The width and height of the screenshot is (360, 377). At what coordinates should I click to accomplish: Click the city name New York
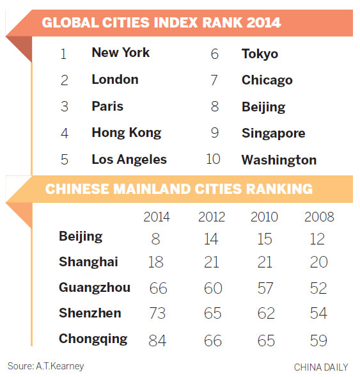120,52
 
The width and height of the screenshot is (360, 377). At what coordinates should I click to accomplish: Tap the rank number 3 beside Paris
64,107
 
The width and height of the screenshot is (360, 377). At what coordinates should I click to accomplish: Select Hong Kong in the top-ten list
126,133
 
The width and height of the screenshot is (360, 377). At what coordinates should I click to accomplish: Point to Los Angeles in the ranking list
129,159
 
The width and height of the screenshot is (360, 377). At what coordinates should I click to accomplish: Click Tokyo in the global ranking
260,54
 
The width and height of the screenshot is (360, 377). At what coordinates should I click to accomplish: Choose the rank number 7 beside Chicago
215,81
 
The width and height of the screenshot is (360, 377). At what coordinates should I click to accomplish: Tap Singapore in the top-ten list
273,133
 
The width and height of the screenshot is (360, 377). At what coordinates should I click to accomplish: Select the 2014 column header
157,217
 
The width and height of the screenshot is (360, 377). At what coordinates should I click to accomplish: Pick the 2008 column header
318,217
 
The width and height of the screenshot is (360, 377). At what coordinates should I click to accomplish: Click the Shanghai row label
88,262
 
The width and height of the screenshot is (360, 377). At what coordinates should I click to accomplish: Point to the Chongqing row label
93,339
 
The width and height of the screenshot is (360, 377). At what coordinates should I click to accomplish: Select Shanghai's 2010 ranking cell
265,262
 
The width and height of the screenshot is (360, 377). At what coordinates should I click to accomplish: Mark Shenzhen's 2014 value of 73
157,314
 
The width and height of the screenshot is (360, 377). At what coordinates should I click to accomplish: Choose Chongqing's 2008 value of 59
318,340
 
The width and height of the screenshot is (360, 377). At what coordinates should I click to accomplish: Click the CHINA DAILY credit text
321,367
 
